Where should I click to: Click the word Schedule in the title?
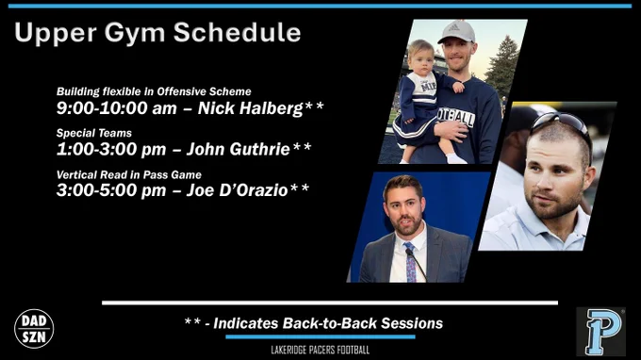[238, 32]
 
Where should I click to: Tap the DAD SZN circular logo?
[34, 329]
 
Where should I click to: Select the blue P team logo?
[600, 332]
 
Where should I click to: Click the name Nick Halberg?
[250, 108]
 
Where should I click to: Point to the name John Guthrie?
[238, 149]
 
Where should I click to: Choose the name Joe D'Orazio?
[238, 190]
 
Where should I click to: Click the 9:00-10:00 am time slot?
[117, 108]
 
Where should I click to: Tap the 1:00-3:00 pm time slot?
[111, 149]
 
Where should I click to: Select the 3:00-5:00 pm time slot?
[111, 190]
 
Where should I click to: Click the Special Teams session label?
[94, 133]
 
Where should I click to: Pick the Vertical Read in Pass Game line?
[129, 175]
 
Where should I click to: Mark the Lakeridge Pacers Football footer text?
[320, 350]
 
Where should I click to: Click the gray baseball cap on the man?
[457, 31]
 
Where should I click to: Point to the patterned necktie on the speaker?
[410, 262]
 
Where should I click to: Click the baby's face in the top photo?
[421, 59]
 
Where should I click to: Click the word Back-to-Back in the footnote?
[330, 323]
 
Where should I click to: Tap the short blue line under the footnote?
[320, 337]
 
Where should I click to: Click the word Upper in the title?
[56, 33]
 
